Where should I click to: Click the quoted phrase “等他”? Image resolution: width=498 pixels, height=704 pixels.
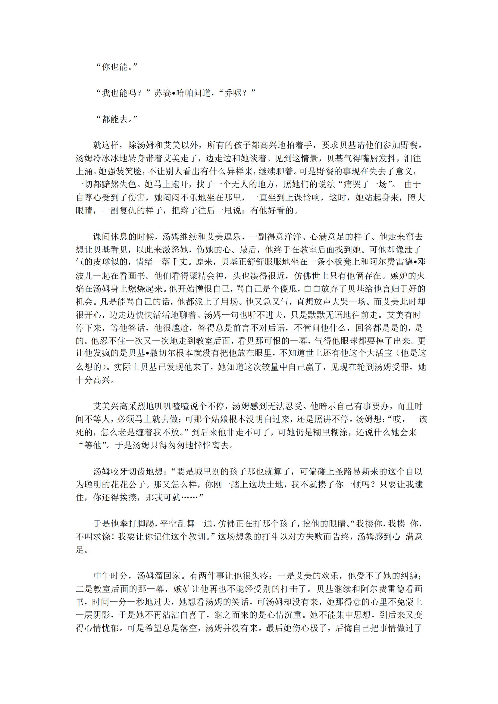[x=93, y=446]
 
